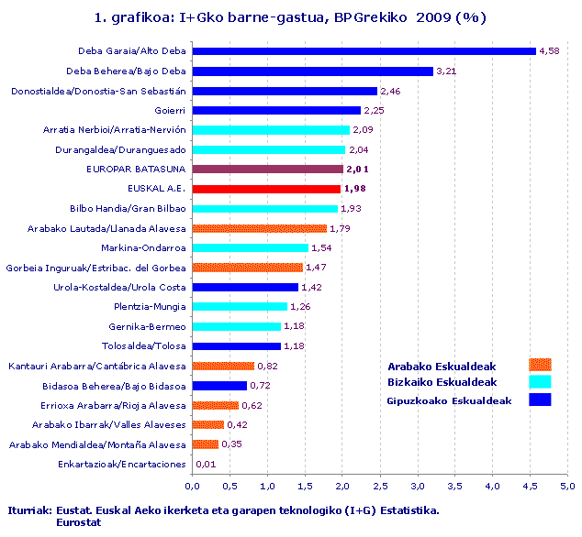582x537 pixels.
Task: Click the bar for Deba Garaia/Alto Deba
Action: (x=364, y=51)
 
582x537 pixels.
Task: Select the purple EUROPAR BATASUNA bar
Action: (x=267, y=170)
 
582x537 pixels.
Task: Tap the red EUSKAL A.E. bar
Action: (x=266, y=189)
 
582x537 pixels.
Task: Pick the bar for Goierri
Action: (x=276, y=110)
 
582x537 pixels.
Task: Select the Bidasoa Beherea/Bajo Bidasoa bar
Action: (x=219, y=386)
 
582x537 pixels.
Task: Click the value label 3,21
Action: (x=446, y=71)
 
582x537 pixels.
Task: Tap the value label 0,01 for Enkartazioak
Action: (x=207, y=465)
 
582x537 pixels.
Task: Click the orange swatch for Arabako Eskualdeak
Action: (x=540, y=366)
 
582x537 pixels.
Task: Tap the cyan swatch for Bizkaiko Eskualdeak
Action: (x=540, y=382)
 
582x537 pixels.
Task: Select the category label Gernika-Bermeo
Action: (x=147, y=327)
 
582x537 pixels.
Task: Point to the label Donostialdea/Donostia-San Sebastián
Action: (x=98, y=91)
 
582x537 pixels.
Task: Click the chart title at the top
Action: (x=290, y=17)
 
